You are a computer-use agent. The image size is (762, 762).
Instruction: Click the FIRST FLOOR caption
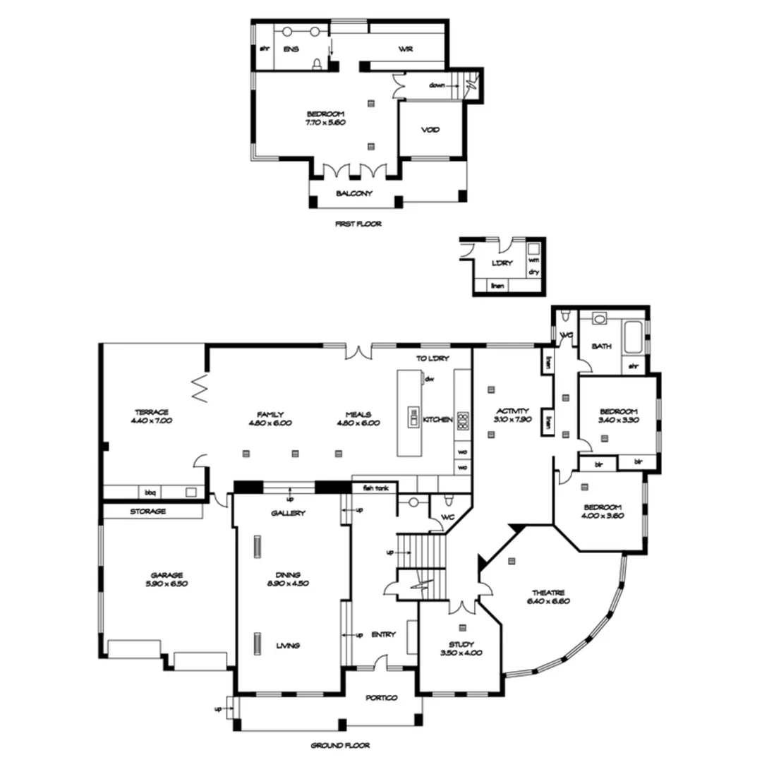[358, 224]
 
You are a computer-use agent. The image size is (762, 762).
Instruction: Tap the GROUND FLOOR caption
[340, 745]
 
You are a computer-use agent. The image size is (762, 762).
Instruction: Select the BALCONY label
[354, 193]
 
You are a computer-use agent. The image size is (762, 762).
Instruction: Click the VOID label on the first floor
[430, 130]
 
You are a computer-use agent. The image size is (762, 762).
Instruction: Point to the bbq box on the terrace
[150, 492]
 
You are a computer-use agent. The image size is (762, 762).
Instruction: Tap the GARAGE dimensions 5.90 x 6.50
[167, 584]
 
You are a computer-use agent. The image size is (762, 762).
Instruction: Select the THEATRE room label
[548, 593]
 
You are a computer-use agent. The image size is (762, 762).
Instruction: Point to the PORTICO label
[381, 698]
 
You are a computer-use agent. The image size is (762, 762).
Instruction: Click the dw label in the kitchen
[428, 379]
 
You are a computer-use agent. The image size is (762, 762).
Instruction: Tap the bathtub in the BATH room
[632, 337]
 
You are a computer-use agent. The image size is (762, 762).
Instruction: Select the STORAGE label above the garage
[147, 512]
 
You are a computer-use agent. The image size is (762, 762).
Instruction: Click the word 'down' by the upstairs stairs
[437, 85]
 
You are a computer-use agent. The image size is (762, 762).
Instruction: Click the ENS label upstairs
[291, 50]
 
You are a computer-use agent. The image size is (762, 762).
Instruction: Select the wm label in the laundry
[533, 260]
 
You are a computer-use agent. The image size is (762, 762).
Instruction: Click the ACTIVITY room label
[513, 411]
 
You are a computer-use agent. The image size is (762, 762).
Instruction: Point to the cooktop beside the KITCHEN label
[463, 421]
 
